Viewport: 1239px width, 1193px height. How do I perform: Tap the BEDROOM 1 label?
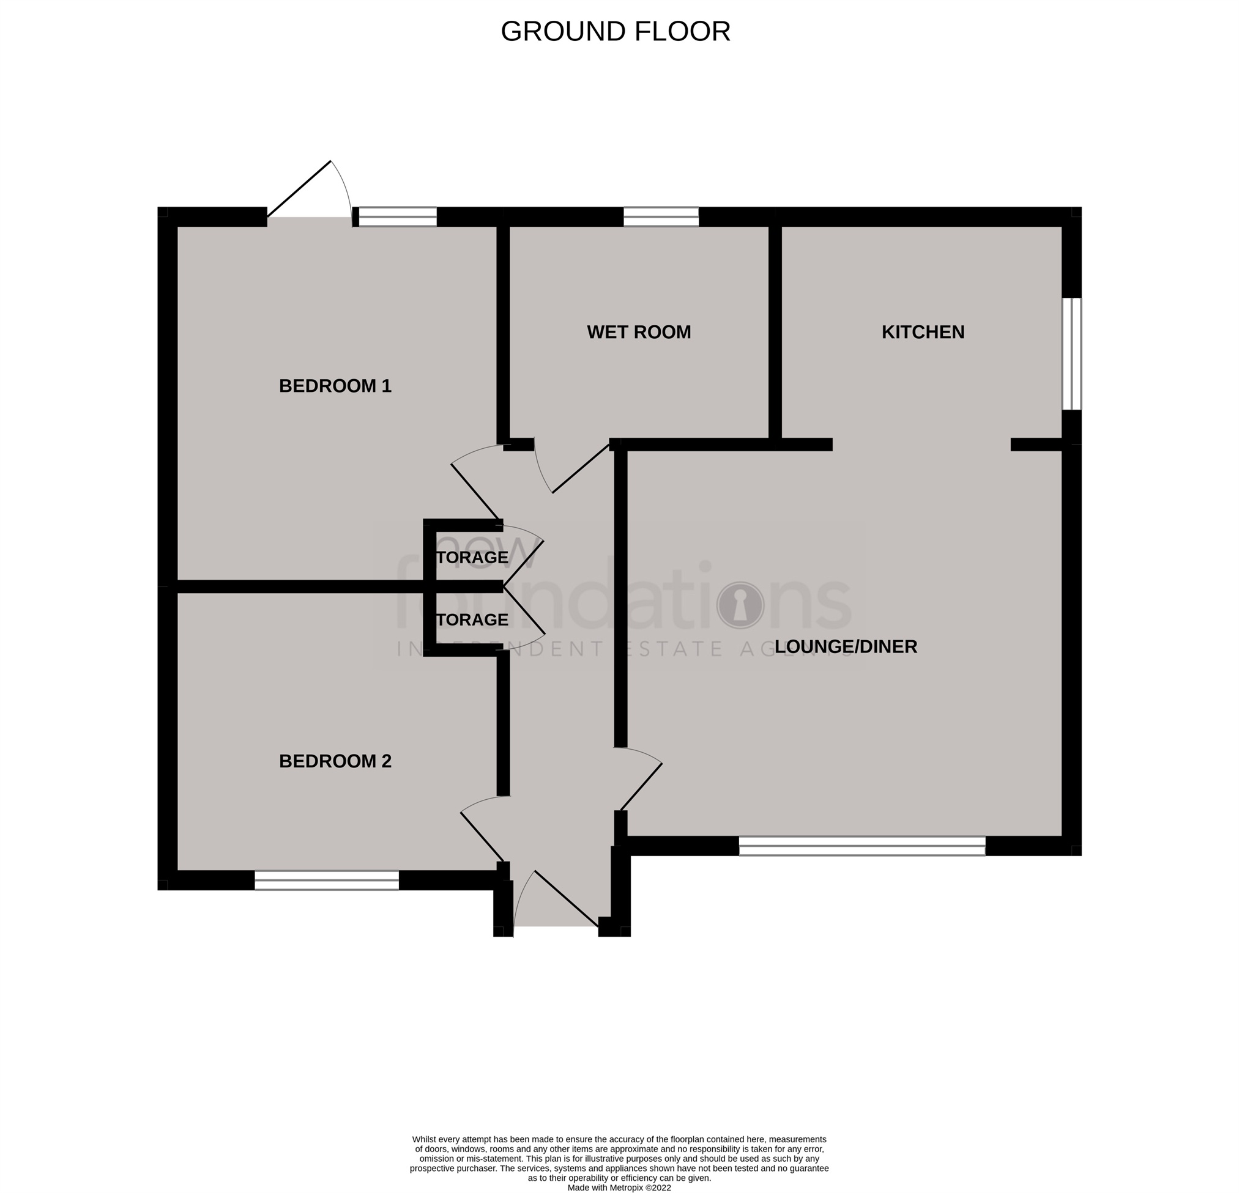point(335,386)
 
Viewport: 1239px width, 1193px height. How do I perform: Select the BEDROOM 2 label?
point(335,761)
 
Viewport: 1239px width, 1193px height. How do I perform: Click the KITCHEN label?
point(922,333)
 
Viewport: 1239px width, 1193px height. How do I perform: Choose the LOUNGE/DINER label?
point(845,647)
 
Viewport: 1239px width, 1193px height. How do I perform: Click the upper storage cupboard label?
point(472,557)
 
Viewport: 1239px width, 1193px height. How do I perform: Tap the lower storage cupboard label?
point(472,620)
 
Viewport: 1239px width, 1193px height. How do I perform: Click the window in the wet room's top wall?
point(661,216)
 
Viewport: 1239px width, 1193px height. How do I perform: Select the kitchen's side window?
point(1071,354)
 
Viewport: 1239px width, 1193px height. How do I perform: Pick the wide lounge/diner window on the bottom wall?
point(861,846)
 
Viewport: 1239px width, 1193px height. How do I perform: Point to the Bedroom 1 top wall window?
point(398,216)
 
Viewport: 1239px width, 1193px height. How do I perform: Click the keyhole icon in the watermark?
point(740,605)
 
